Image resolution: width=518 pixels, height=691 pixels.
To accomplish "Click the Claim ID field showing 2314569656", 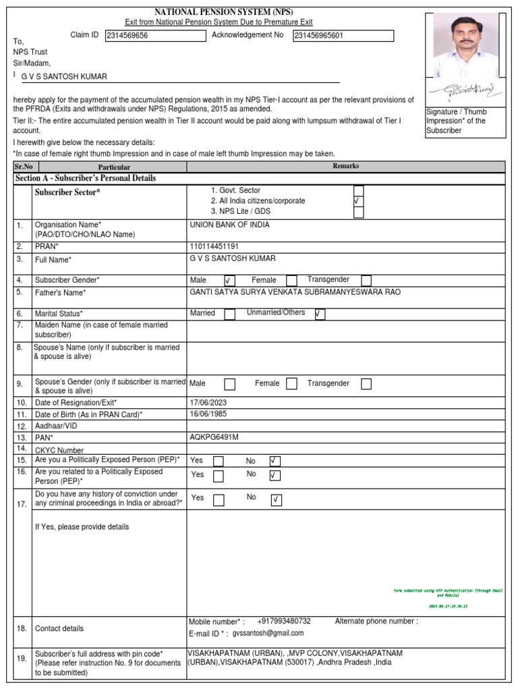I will pyautogui.click(x=156, y=36).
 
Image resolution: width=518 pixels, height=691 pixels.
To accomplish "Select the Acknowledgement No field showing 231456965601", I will pyautogui.click(x=343, y=36).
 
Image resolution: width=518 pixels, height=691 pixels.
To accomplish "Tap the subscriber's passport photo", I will pyautogui.click(x=465, y=47).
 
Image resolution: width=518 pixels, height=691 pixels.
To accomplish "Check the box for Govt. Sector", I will pyautogui.click(x=359, y=190).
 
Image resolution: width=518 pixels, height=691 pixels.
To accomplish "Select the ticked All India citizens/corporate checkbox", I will pyautogui.click(x=359, y=201).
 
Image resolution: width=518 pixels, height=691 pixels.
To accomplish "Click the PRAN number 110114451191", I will pyautogui.click(x=214, y=246).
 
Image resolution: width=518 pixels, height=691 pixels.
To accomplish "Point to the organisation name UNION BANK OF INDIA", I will pyautogui.click(x=229, y=225).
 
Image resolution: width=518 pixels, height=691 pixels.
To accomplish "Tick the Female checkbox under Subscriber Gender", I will pyautogui.click(x=291, y=280).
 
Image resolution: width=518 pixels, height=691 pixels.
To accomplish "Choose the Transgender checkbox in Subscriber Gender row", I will pyautogui.click(x=366, y=280).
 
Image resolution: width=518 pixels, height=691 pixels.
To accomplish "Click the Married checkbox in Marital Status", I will pyautogui.click(x=229, y=314).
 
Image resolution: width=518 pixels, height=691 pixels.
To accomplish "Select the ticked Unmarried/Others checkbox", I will pyautogui.click(x=320, y=314).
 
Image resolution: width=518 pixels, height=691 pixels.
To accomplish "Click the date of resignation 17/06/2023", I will pyautogui.click(x=210, y=402).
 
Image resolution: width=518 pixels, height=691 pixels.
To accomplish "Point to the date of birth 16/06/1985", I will pyautogui.click(x=210, y=413).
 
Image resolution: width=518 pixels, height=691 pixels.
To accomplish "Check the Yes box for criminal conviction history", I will pyautogui.click(x=219, y=500).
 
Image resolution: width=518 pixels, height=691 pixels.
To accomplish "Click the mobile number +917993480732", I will pyautogui.click(x=284, y=621).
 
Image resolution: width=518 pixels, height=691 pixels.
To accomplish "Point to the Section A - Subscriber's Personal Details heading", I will pyautogui.click(x=86, y=178).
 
